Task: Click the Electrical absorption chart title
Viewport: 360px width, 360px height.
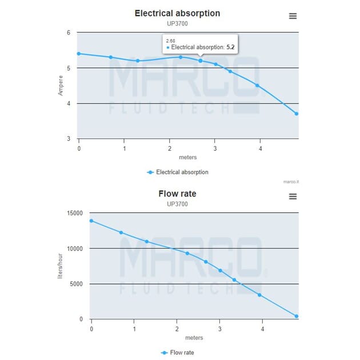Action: click(177, 13)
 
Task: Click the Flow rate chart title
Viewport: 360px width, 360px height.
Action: click(177, 194)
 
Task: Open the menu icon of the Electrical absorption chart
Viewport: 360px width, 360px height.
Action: click(293, 16)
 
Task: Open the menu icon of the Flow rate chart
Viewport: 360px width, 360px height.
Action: click(293, 197)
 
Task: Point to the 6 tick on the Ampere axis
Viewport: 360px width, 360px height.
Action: click(69, 33)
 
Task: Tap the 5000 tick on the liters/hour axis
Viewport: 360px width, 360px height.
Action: click(75, 284)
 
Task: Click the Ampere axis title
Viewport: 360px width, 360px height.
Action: click(61, 86)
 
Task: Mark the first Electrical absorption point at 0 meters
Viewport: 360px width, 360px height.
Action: click(79, 54)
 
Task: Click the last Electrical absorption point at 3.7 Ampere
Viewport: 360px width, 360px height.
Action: click(297, 114)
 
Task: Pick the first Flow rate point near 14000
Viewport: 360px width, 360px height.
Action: click(91, 221)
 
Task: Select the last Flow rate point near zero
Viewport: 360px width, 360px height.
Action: click(297, 316)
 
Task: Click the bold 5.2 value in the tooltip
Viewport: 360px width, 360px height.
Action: click(231, 47)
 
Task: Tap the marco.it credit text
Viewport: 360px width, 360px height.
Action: click(291, 182)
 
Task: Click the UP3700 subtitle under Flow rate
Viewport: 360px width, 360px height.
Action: click(177, 204)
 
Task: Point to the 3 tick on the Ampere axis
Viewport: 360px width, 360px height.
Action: click(69, 139)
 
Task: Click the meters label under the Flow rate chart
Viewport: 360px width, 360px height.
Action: click(194, 338)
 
